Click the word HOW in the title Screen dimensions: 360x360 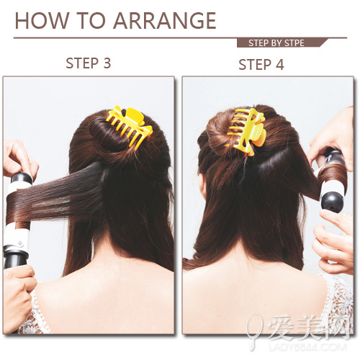point(42,21)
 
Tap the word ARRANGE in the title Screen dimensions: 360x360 point(165,21)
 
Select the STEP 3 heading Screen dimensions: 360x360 point(89,63)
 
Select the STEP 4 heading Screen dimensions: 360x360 point(261,64)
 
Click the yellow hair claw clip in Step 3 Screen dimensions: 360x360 point(130,126)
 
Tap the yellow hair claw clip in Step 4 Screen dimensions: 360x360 point(247,132)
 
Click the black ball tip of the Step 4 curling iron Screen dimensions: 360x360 point(332,202)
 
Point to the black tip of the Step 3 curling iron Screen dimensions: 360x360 point(22,178)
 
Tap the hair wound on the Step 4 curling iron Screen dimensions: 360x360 point(333,174)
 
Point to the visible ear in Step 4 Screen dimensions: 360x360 point(203,186)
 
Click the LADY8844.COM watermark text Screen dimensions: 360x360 point(307,348)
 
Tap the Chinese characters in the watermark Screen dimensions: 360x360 point(308,328)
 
